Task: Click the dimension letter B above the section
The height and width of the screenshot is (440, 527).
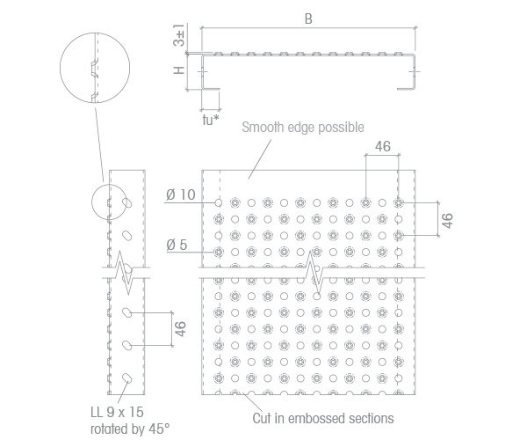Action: [x=308, y=18]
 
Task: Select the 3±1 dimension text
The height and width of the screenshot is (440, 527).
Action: [x=179, y=35]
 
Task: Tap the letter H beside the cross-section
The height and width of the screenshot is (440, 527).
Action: [x=179, y=70]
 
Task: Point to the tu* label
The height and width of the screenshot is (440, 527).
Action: [x=211, y=120]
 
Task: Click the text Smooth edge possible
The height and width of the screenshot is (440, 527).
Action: [x=303, y=128]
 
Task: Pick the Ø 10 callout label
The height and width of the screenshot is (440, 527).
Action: [x=180, y=194]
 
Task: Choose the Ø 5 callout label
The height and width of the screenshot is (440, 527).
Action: [x=177, y=245]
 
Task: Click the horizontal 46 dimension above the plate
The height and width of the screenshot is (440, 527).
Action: [x=383, y=146]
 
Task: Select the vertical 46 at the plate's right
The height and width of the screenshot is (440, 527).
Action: [x=447, y=221]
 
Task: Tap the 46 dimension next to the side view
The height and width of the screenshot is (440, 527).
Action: [x=180, y=328]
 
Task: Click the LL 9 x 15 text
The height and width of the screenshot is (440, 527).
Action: [x=118, y=412]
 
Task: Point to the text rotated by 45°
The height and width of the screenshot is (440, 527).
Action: [x=130, y=429]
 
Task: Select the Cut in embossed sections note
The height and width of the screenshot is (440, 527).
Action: [x=323, y=419]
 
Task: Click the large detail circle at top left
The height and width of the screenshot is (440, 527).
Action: [x=95, y=33]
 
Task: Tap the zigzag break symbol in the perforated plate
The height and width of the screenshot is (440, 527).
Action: [x=314, y=273]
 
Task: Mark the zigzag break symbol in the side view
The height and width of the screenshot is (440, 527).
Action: [x=125, y=273]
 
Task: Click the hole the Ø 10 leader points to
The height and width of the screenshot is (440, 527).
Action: [x=219, y=202]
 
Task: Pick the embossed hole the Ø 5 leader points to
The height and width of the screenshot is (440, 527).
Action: [x=219, y=252]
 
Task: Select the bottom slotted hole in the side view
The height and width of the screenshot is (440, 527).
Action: [x=127, y=378]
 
